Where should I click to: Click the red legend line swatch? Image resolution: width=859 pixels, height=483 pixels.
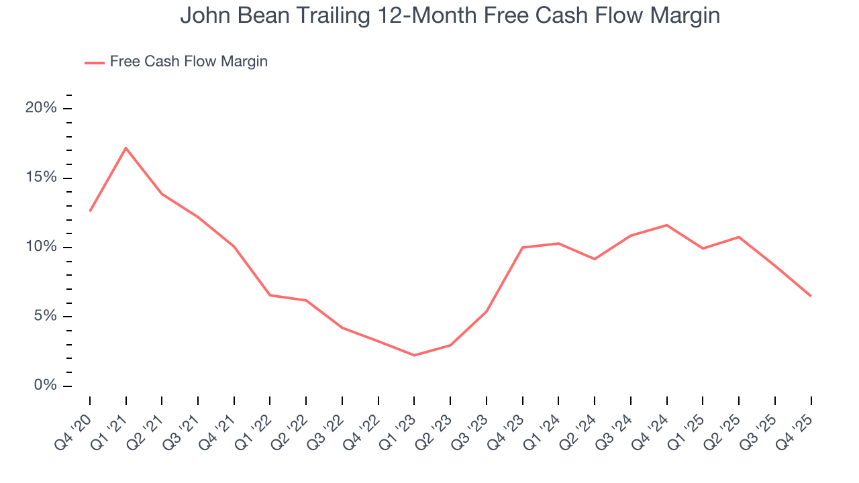pyautogui.click(x=94, y=62)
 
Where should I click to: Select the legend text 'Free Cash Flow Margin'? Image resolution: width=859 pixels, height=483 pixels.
pyautogui.click(x=189, y=62)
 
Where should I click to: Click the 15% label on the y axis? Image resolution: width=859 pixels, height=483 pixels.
pyautogui.click(x=40, y=178)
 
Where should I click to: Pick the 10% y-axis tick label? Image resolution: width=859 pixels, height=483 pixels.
pyautogui.click(x=40, y=247)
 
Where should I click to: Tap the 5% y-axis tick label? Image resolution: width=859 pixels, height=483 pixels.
pyautogui.click(x=44, y=317)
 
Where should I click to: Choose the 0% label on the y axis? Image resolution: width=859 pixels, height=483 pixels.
pyautogui.click(x=44, y=386)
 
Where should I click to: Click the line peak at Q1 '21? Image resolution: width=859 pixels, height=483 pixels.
pyautogui.click(x=125, y=148)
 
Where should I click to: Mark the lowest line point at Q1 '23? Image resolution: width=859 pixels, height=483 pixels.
pyautogui.click(x=414, y=356)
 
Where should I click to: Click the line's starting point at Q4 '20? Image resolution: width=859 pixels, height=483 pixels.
pyautogui.click(x=90, y=211)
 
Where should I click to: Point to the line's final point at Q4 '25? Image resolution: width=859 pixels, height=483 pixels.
pyautogui.click(x=811, y=296)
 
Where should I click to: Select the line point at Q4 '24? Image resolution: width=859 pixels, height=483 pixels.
pyautogui.click(x=666, y=225)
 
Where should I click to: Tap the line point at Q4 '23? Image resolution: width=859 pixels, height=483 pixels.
pyautogui.click(x=522, y=248)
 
